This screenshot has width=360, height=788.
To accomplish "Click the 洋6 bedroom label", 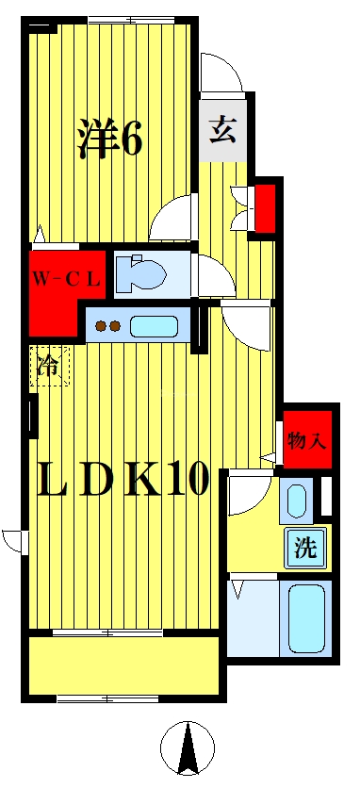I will (109, 140).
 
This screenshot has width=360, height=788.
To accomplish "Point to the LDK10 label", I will (123, 481).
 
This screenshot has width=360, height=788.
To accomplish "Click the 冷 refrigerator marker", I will (49, 367).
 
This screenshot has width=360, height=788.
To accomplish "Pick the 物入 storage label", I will (307, 439).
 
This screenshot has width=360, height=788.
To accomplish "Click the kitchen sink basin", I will (157, 327).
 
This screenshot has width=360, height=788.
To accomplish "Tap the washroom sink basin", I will (298, 501).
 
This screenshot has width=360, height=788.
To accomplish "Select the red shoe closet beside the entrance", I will (266, 207).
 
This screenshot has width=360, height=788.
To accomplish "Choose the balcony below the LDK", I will (123, 665).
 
